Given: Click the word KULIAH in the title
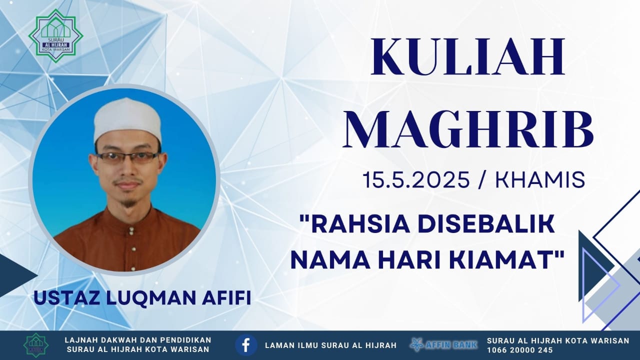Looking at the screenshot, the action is click(x=467, y=56).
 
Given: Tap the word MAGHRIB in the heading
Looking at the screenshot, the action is click(x=468, y=130).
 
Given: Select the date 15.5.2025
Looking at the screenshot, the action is click(x=416, y=179).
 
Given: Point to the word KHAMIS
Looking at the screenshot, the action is click(x=540, y=179).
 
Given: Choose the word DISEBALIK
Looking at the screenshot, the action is click(x=484, y=224).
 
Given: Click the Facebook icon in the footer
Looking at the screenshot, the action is click(x=246, y=345).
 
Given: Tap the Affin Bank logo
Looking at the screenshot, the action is click(x=444, y=344).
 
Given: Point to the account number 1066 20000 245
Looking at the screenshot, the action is click(x=520, y=350).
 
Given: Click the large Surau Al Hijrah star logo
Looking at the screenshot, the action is click(x=56, y=36).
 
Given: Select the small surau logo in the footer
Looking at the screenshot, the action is click(x=36, y=345).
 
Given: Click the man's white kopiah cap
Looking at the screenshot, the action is click(x=127, y=120).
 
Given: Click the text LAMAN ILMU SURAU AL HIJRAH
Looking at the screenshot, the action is click(x=331, y=345).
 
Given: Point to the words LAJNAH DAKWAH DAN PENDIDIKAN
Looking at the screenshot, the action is click(x=138, y=340).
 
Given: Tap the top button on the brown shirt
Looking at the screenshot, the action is click(x=131, y=229).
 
